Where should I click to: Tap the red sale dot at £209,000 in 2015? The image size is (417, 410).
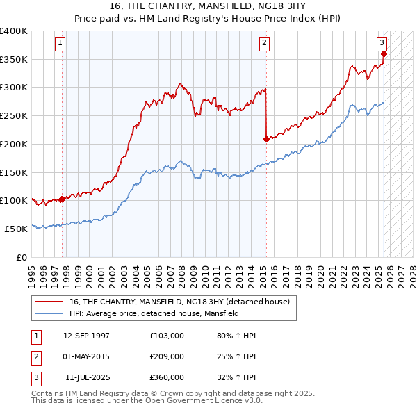[x=266, y=139]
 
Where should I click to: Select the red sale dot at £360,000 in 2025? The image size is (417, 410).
[x=384, y=54]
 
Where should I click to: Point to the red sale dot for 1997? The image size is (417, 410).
[x=62, y=199]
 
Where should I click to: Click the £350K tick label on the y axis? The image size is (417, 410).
[x=14, y=60]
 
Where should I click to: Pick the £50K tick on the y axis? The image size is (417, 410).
[x=17, y=229]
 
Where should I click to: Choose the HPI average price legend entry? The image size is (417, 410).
[x=154, y=313]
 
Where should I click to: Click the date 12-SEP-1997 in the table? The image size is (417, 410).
[x=86, y=336]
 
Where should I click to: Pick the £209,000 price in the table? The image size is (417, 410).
[x=167, y=356]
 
